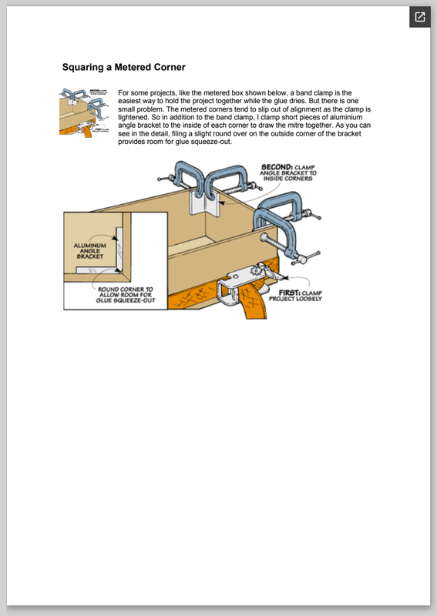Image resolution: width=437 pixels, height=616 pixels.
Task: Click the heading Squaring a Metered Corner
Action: [123, 67]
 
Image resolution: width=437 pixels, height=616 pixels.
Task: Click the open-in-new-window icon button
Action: [420, 17]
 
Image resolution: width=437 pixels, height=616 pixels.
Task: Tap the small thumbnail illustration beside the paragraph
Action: [84, 113]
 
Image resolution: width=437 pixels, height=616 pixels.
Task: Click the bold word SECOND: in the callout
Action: [277, 167]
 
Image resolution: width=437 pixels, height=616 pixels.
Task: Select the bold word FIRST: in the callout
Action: [290, 293]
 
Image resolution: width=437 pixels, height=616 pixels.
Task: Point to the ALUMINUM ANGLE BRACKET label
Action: [90, 251]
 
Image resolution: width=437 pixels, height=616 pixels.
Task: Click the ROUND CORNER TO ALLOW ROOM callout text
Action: [126, 295]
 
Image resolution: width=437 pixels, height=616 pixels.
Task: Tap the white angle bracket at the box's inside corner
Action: [204, 203]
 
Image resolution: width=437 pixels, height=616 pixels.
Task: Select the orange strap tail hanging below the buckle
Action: [254, 303]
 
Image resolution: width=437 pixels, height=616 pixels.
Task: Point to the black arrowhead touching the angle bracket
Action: [221, 203]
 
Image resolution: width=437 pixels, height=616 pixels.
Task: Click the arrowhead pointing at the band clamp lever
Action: [286, 278]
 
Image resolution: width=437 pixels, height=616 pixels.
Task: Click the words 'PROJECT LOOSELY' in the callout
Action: [295, 299]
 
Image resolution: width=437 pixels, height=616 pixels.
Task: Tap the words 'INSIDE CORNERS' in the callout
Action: [288, 179]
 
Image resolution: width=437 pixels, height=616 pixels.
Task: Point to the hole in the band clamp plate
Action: [235, 276]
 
